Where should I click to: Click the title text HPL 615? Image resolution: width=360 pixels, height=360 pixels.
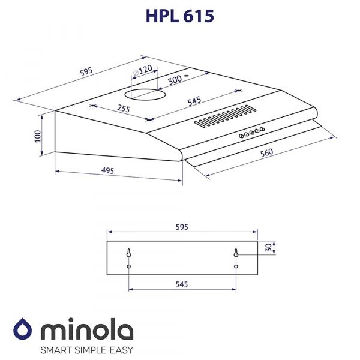tap(179, 16)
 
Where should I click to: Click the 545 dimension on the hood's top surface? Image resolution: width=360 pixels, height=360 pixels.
tap(194, 101)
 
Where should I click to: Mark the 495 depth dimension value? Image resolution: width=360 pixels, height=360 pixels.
tap(108, 172)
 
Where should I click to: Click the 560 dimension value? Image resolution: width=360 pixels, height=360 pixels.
tap(266, 153)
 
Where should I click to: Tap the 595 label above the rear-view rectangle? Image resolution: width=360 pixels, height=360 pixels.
tap(182, 227)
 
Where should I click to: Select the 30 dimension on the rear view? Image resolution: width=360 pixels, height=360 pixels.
tap(268, 248)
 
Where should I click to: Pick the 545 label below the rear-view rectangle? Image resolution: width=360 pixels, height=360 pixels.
tap(182, 284)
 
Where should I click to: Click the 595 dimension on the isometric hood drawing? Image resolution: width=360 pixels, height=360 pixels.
tap(86, 72)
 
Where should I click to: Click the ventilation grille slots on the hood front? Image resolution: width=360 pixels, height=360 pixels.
tap(223, 116)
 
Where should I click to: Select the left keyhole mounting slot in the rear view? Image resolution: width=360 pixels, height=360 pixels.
tap(129, 253)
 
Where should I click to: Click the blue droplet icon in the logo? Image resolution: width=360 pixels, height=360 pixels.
tap(23, 331)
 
